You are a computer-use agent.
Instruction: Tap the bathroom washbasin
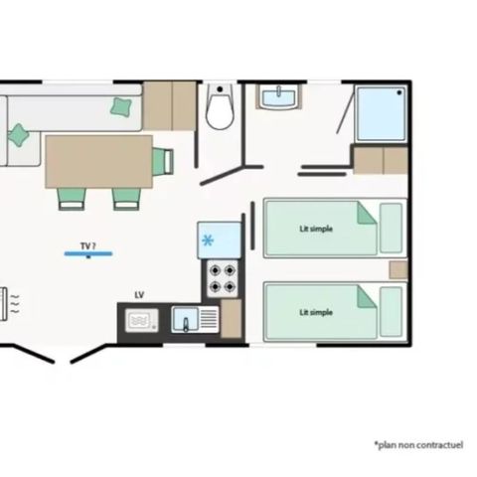point(279,97)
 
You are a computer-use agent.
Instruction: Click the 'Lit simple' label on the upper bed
point(316,229)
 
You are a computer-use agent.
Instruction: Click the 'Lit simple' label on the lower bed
point(316,312)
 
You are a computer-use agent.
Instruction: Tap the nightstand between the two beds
point(397,270)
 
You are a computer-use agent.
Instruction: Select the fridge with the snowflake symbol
point(217,239)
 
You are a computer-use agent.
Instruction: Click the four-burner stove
point(222,277)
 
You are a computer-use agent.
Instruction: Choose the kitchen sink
point(186,320)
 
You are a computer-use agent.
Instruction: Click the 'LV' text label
point(138,295)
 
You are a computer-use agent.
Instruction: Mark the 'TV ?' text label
point(87,243)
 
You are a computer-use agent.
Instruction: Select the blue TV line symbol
point(87,254)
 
